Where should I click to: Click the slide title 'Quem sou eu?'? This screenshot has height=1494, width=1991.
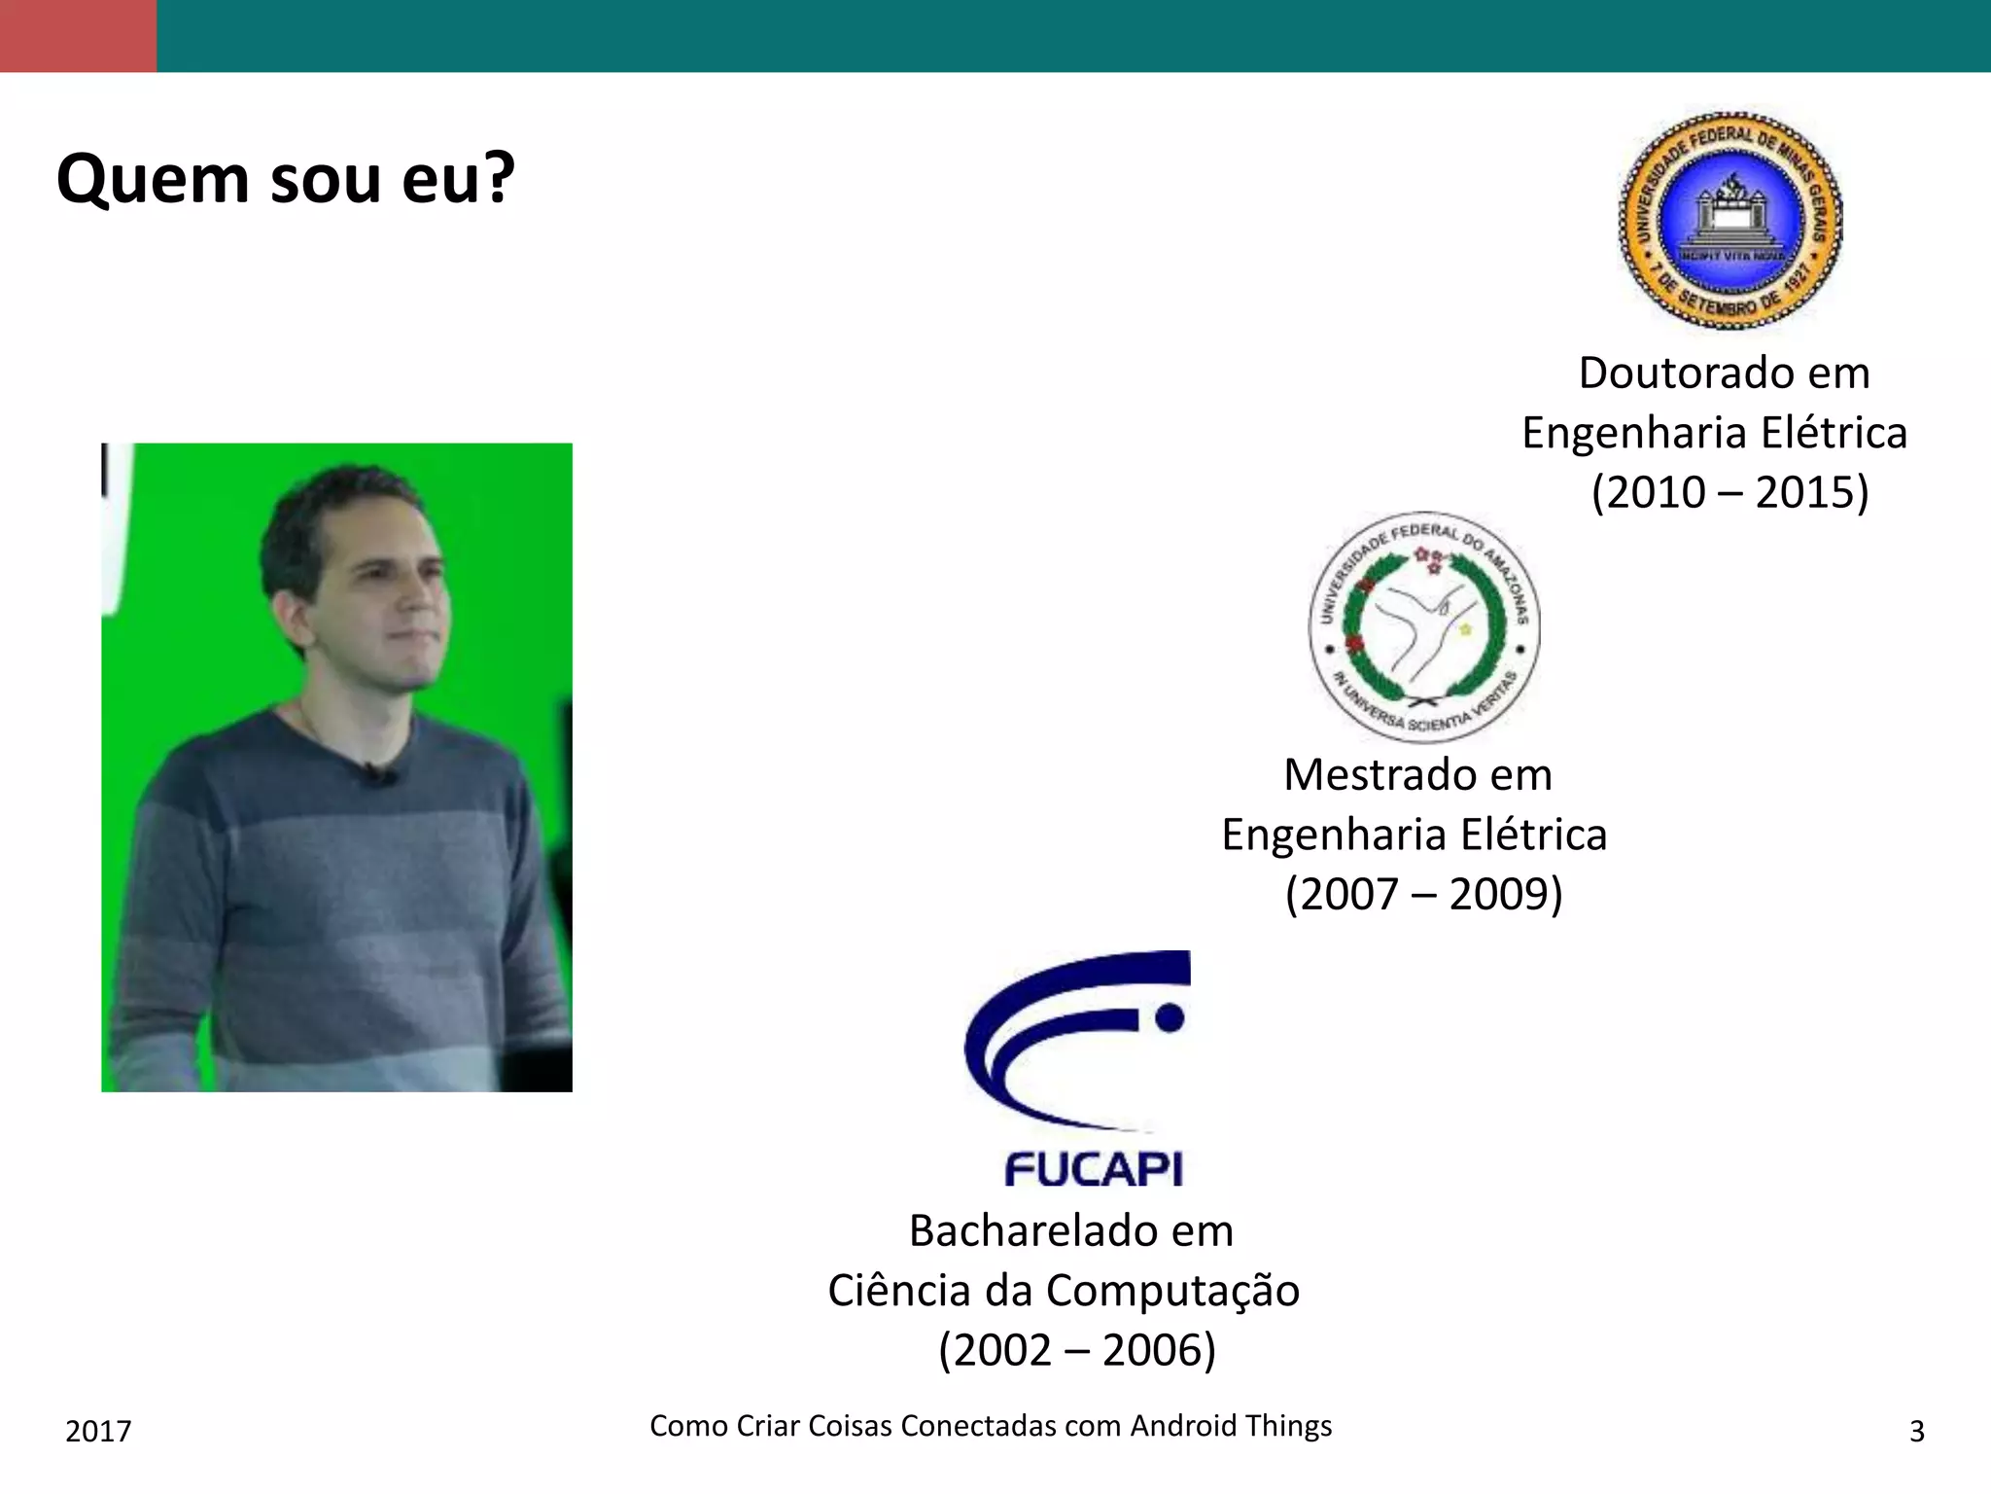coord(285,179)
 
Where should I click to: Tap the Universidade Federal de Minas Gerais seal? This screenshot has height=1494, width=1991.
coord(1730,221)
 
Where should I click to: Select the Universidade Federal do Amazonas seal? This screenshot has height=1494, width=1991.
coord(1423,627)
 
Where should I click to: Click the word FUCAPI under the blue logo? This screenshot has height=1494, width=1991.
coord(1094,1169)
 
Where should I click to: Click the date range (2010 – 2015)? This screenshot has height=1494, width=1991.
coord(1729,492)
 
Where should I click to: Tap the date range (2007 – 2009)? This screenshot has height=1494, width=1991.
coord(1423,894)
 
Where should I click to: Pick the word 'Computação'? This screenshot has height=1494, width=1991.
coord(1172,1292)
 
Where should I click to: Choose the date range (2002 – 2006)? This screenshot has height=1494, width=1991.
coord(1077,1350)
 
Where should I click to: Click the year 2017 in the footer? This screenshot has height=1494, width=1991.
coord(98,1431)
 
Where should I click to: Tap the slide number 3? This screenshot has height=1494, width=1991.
coord(1916,1431)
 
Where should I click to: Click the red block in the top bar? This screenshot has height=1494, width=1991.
coord(78,36)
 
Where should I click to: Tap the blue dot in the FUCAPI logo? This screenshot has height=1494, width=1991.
coord(1170,1017)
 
